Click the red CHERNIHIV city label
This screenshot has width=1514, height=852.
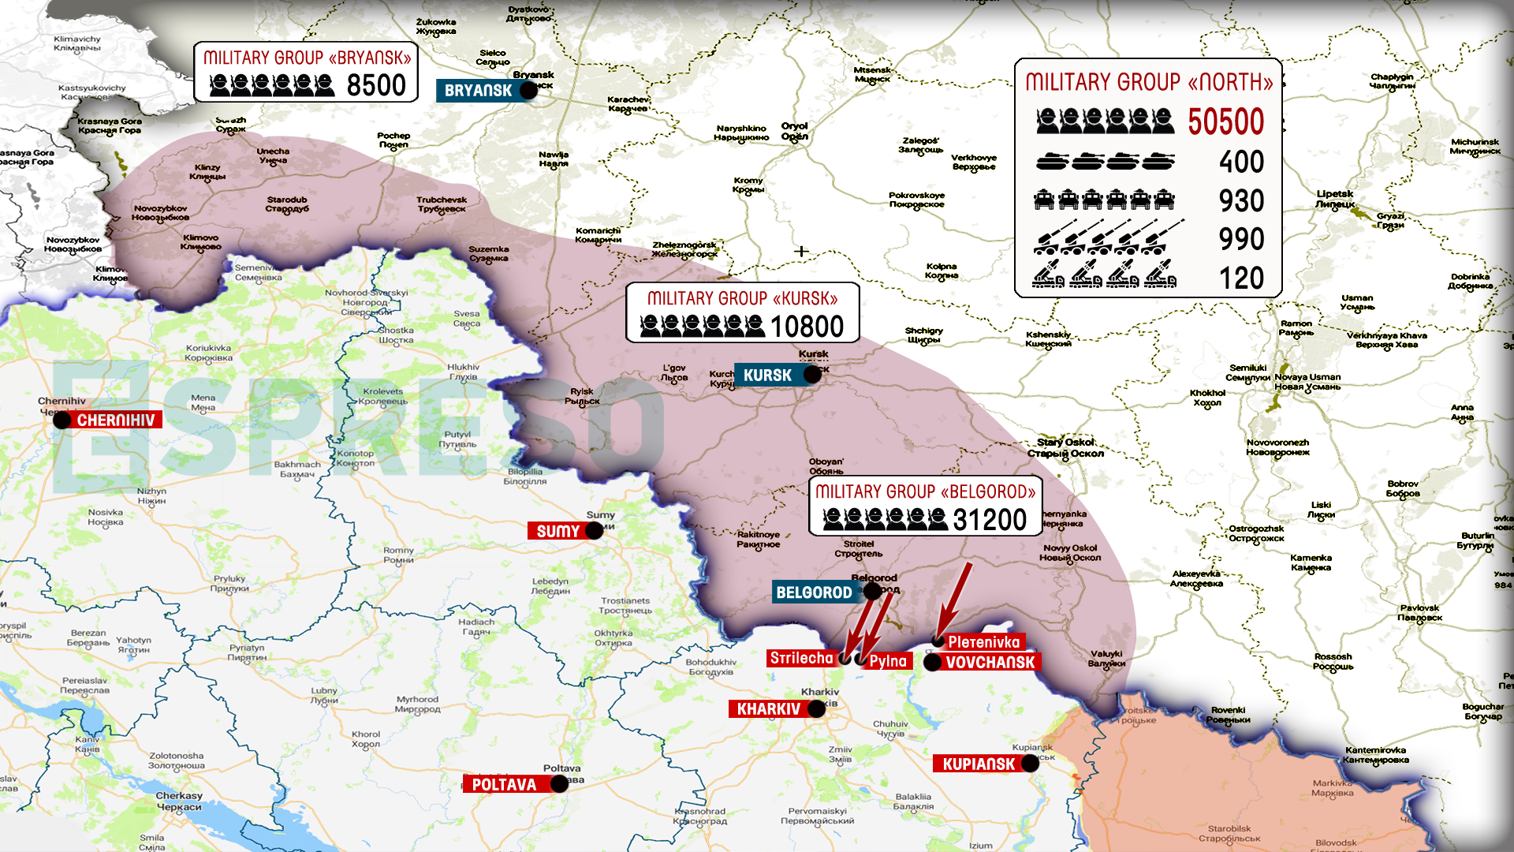pyautogui.click(x=116, y=420)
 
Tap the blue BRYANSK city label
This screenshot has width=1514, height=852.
pyautogui.click(x=478, y=91)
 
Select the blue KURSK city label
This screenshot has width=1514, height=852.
pyautogui.click(x=767, y=376)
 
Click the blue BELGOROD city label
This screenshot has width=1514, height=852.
pyautogui.click(x=814, y=592)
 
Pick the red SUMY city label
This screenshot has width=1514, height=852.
pyautogui.click(x=557, y=531)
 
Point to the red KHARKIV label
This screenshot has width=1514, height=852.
pyautogui.click(x=768, y=708)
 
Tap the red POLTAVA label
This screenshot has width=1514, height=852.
pyautogui.click(x=503, y=784)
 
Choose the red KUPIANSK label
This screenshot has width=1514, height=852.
pyautogui.click(x=979, y=764)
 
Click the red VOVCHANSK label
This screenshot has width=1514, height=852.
pyautogui.click(x=990, y=662)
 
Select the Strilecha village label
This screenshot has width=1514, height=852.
pyautogui.click(x=801, y=658)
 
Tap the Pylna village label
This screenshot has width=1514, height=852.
pyautogui.click(x=888, y=661)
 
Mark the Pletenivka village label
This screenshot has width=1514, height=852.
pyautogui.click(x=983, y=642)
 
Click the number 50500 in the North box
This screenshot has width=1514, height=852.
pyautogui.click(x=1225, y=122)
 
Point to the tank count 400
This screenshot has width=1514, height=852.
pyautogui.click(x=1241, y=162)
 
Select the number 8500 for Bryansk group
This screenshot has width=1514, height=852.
pyautogui.click(x=376, y=85)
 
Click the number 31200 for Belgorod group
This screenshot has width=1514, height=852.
pyautogui.click(x=990, y=520)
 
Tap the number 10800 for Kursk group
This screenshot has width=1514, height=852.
pyautogui.click(x=807, y=327)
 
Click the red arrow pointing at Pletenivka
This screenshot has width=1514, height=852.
pyautogui.click(x=954, y=601)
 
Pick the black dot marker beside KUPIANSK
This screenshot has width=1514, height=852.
pyautogui.click(x=1030, y=764)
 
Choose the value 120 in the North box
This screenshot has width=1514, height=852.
pyautogui.click(x=1241, y=278)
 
